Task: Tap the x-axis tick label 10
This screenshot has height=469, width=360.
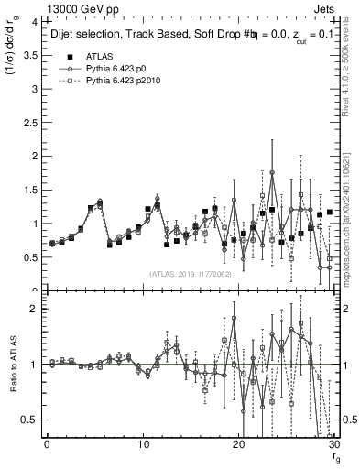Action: pos(143,445)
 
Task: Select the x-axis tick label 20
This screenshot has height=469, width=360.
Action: pos(239,445)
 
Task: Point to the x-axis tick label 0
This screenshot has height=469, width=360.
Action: pos(47,445)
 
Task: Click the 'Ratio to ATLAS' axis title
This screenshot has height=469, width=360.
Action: pos(12,366)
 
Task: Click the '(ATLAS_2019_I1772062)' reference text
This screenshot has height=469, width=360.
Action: pos(190,274)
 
